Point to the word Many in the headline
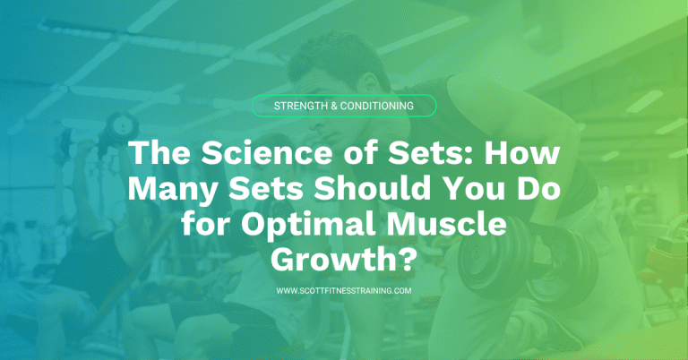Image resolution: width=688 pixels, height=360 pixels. tap(169, 189)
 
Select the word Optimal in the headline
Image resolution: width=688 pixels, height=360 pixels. tap(313, 224)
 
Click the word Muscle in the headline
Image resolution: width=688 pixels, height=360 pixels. tap(465, 224)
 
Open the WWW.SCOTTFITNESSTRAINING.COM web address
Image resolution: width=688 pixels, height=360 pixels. tap(344, 291)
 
